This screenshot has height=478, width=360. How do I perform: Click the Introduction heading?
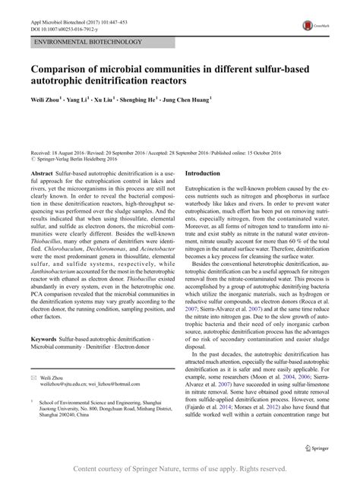213,195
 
